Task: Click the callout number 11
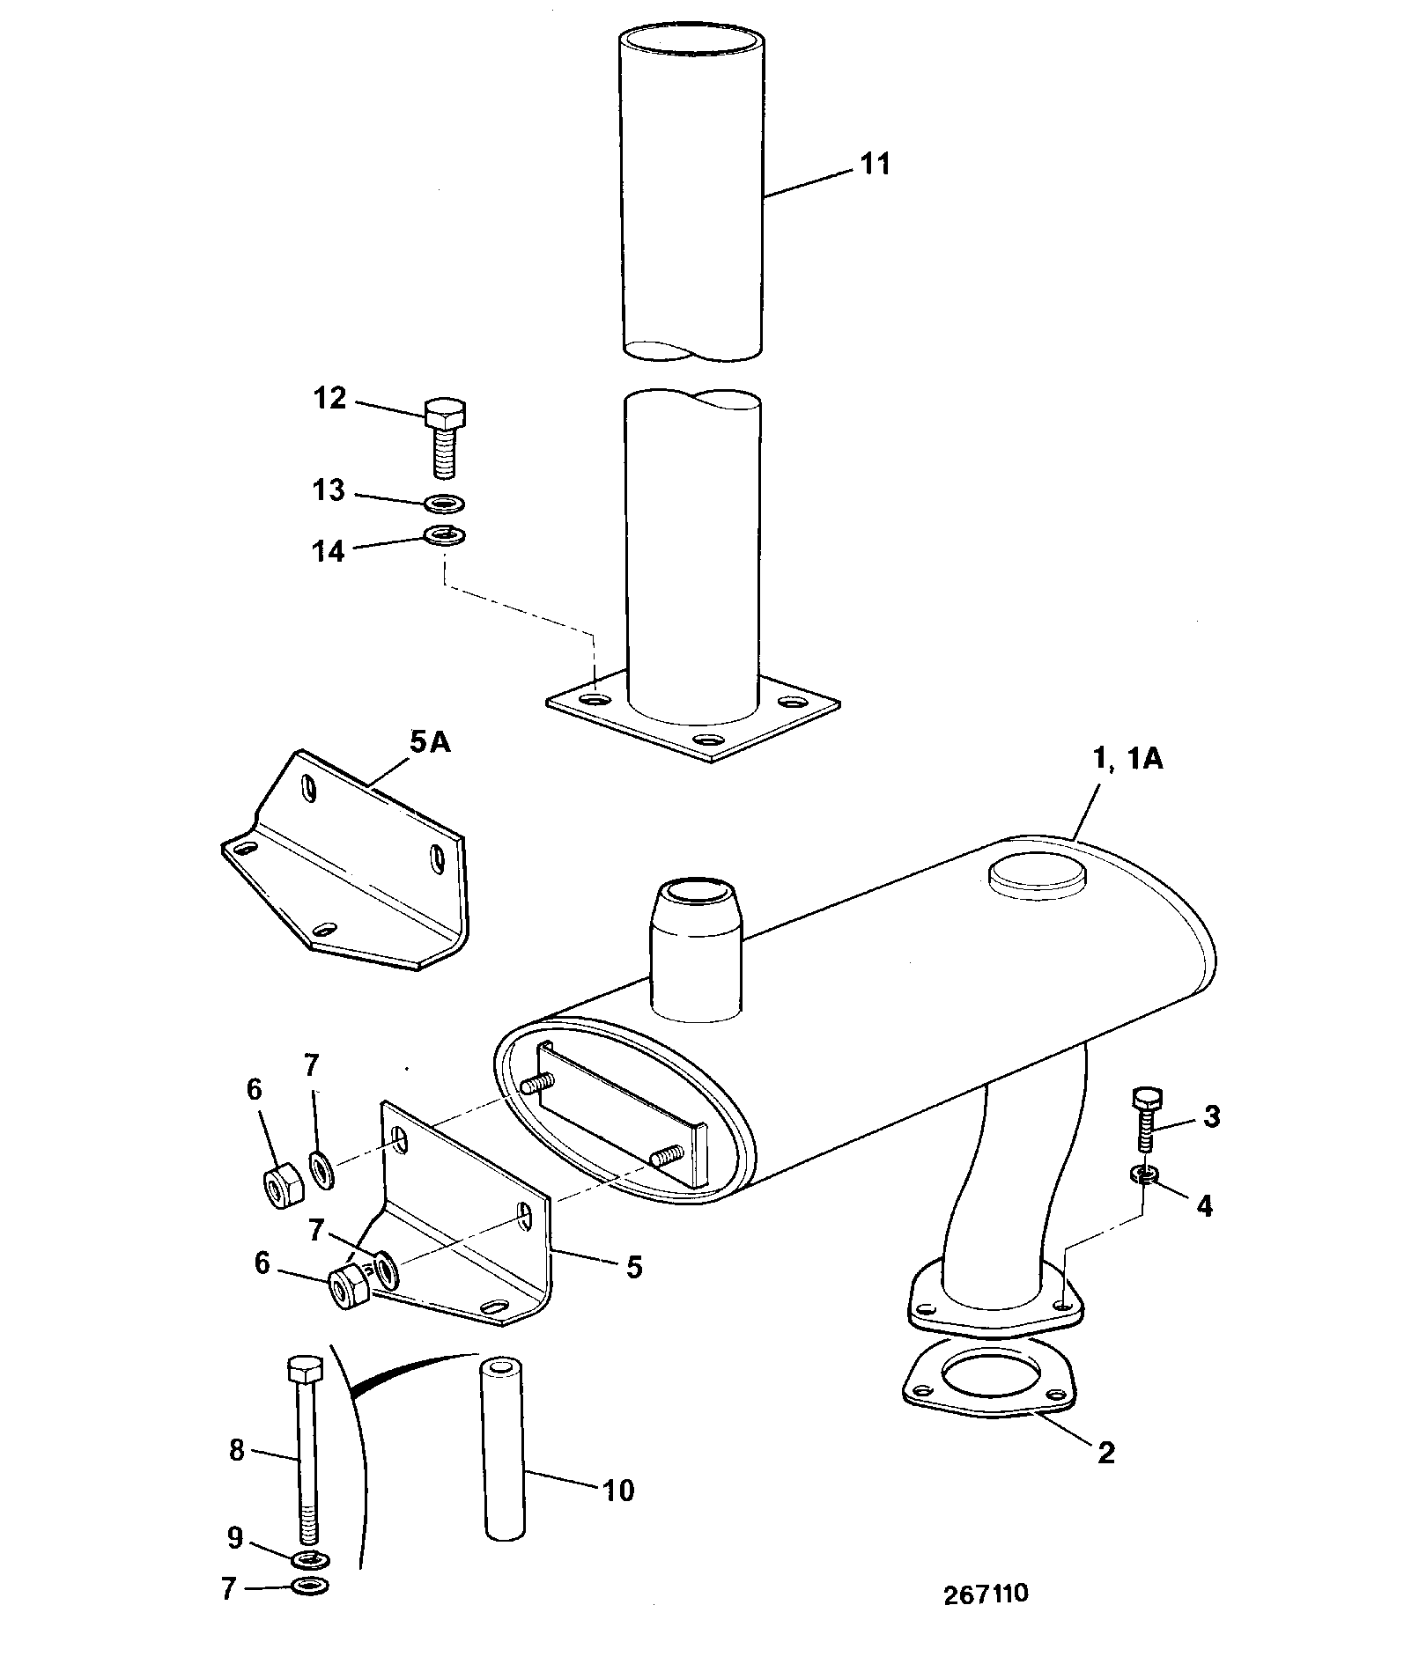[x=874, y=164]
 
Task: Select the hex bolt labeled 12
[x=446, y=438]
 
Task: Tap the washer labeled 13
[x=445, y=504]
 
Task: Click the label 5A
[x=430, y=742]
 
